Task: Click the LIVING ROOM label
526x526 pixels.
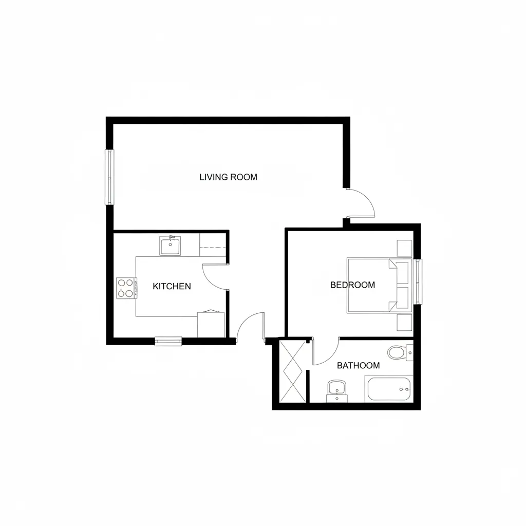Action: (228, 177)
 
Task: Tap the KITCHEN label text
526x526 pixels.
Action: (172, 286)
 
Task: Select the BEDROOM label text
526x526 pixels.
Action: (352, 285)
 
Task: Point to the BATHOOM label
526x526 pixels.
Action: (358, 365)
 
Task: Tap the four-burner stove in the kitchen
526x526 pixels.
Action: (126, 288)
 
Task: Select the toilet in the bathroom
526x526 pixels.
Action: (398, 352)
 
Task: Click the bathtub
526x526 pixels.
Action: (389, 389)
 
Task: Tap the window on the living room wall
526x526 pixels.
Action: (109, 177)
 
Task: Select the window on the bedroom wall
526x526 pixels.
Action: (418, 281)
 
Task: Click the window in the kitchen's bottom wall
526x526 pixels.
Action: (168, 341)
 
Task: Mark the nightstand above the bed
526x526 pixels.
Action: (404, 249)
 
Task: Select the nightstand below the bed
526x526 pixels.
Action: (404, 323)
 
